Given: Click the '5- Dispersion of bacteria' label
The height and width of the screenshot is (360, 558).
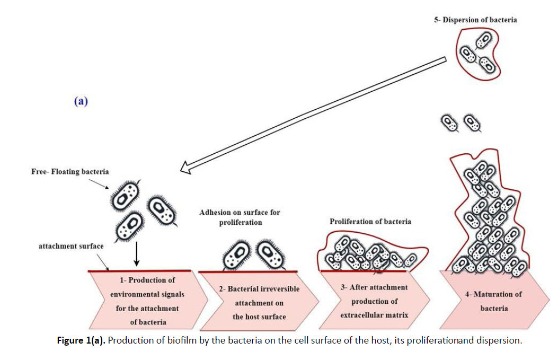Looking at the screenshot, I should click(x=475, y=20).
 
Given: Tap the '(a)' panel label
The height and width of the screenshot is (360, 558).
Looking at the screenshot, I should click(x=81, y=101).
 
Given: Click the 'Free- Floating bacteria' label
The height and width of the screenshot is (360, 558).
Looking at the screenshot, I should click(x=70, y=171).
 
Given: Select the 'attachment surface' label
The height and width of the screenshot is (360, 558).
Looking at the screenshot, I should click(x=71, y=247).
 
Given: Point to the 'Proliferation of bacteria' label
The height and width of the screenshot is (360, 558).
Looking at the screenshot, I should click(x=370, y=221).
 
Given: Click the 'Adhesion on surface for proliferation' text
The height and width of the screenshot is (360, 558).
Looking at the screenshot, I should click(x=240, y=217).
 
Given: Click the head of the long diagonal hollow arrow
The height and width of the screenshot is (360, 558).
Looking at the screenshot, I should click(x=185, y=168).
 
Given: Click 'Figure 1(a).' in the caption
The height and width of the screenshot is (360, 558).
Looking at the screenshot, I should click(x=82, y=340).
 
